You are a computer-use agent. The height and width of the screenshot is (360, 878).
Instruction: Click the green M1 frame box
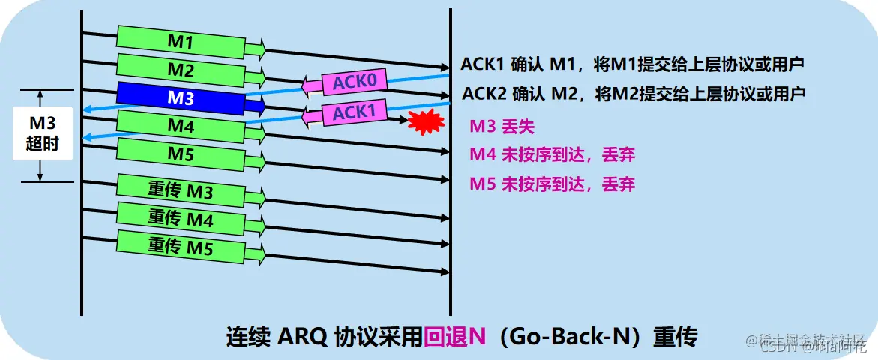(180, 43)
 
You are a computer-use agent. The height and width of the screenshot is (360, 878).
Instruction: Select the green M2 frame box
(180, 70)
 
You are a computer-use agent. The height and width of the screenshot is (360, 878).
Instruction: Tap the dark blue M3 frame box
(180, 98)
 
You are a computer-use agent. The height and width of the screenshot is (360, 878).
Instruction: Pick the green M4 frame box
(180, 126)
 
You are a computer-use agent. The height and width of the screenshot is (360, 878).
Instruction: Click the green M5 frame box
(180, 154)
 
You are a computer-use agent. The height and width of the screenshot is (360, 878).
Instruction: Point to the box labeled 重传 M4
(180, 220)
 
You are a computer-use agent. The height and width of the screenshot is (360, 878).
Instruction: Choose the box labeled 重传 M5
(180, 246)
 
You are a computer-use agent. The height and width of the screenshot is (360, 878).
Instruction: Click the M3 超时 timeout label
(42, 133)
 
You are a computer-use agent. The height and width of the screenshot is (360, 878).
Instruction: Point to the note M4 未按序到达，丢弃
(552, 155)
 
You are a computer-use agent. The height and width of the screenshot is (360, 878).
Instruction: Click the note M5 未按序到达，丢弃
(552, 183)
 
